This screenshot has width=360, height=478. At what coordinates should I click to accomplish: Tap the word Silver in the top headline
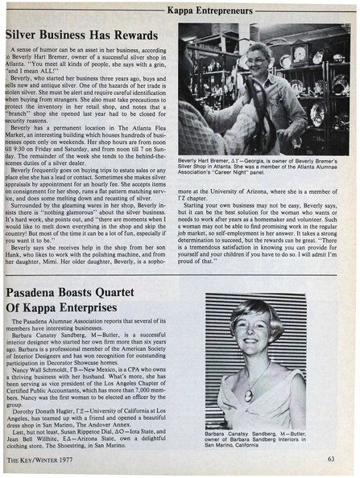coord(24,35)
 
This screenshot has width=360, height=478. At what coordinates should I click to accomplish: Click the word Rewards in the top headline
coord(142,35)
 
